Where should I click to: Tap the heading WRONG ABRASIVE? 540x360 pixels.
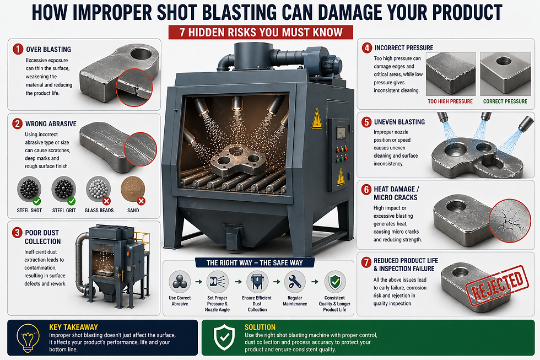click(51, 123)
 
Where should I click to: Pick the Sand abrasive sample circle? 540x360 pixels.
click(132, 189)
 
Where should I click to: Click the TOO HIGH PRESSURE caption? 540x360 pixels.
click(450, 101)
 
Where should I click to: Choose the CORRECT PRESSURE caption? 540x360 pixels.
click(505, 101)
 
